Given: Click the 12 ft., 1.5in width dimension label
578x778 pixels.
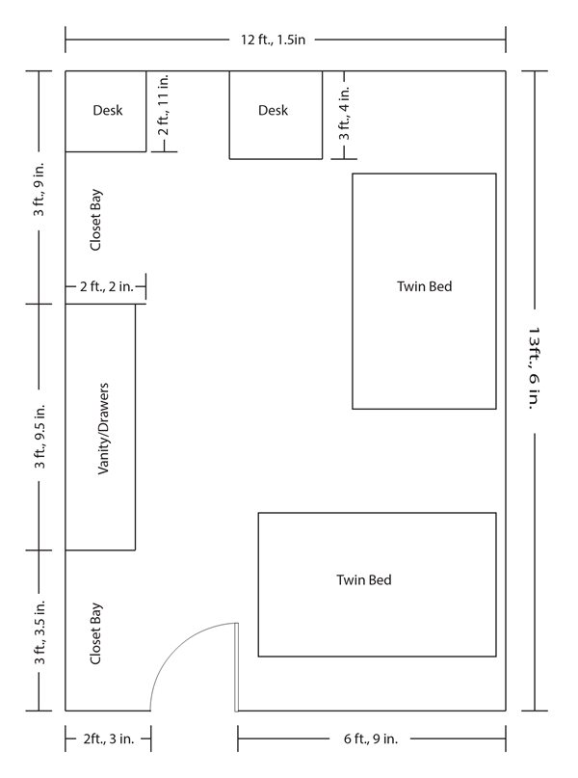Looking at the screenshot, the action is pos(274,40).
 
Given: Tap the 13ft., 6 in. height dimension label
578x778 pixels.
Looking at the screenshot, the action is pos(534,367).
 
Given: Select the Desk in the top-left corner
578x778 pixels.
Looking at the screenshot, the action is pos(106,111).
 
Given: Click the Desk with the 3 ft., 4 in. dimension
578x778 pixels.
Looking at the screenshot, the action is pos(276,115).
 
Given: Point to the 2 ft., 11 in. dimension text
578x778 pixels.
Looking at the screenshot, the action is pos(164,105).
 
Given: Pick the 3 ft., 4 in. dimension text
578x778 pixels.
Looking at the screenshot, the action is pos(345,113).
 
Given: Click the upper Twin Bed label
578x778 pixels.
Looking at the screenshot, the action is pos(424,286).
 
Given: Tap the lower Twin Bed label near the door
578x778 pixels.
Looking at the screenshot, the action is pos(364,580).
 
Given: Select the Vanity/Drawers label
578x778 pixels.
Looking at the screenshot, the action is pos(103,429).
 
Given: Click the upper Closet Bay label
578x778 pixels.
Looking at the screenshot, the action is pos(95,219).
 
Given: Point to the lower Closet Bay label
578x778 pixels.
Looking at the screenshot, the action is pos(95,633).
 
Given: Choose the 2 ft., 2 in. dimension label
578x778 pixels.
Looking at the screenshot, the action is pos(107,286).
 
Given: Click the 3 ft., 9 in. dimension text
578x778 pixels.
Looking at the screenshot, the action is pos(39,189).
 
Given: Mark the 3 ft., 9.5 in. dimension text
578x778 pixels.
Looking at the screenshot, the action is pos(39,436).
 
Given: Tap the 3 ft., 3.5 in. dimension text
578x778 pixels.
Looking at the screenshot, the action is pos(39,632).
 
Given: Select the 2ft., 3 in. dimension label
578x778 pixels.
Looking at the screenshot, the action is pos(109,738).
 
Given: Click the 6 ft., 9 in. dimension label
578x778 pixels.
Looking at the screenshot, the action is pos(371,738).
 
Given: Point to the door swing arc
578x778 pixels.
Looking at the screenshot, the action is pos(176,645).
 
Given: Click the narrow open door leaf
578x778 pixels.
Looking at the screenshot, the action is pos(236,667).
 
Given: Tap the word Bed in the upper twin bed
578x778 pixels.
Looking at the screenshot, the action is pos(440,286).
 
